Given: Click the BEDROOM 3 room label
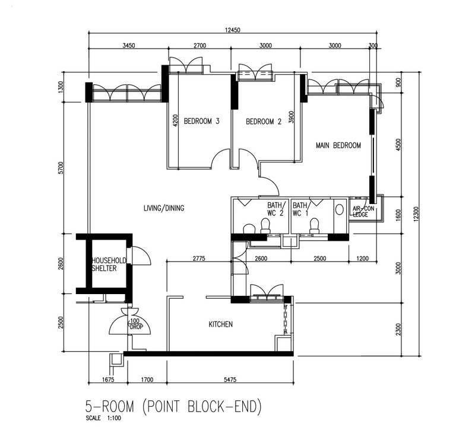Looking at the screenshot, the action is point(201,122).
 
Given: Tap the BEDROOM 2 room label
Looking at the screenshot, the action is point(264,122).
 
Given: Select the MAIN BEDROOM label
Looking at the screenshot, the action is point(338,145).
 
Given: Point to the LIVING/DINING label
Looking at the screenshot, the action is point(164,208).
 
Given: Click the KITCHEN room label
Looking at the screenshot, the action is point(220,324).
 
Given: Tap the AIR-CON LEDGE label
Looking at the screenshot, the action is point(363,212).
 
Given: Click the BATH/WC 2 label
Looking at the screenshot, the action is point(275,209).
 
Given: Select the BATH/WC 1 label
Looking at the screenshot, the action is point(300,209).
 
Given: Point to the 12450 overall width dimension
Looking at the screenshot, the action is point(233,30).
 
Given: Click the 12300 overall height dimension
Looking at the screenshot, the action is point(416,214).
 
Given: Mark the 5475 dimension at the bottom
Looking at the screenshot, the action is point(230,380).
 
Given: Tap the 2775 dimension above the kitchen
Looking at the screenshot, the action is point(199,259).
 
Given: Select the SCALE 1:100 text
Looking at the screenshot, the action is point(103,419).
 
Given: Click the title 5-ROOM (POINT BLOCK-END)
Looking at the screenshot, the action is point(173,406).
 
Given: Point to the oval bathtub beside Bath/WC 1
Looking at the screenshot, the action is point(340,210).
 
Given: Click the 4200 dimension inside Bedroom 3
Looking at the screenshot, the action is point(175,120).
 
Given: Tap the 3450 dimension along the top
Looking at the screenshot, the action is point(128,46).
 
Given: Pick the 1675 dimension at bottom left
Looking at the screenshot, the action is point(108,380).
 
